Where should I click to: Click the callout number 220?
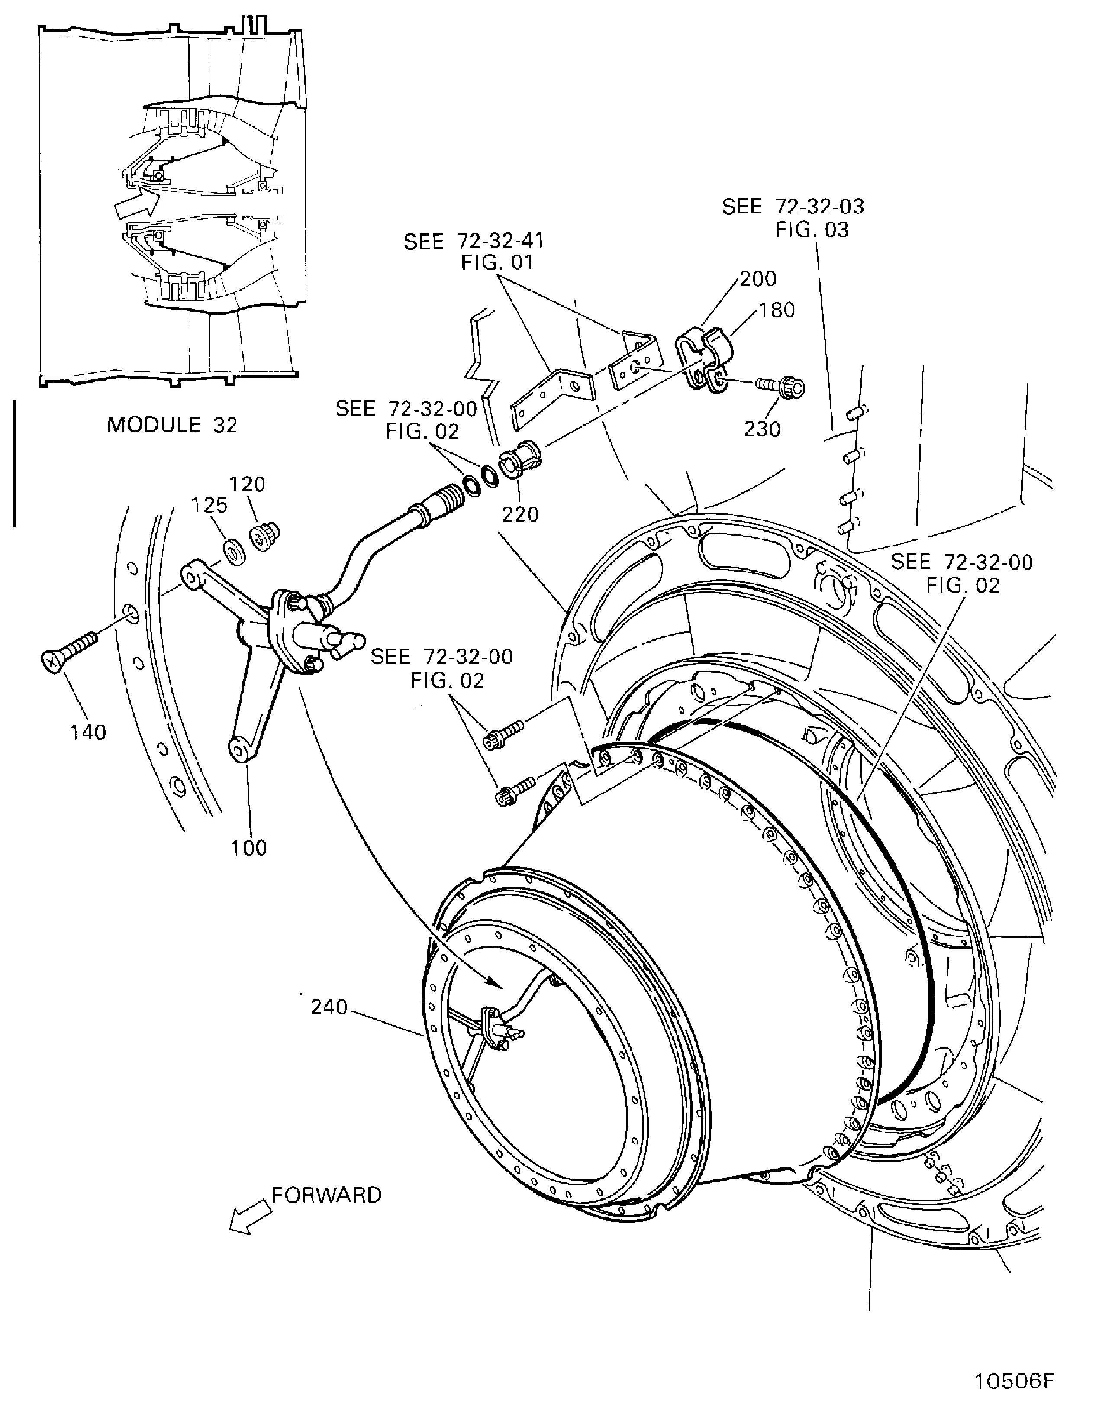520,514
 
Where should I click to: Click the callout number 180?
777,310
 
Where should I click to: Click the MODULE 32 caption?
172,425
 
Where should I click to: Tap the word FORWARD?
326,1195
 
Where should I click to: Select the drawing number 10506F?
1015,1379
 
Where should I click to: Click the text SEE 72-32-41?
474,242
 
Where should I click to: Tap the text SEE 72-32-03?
793,207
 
